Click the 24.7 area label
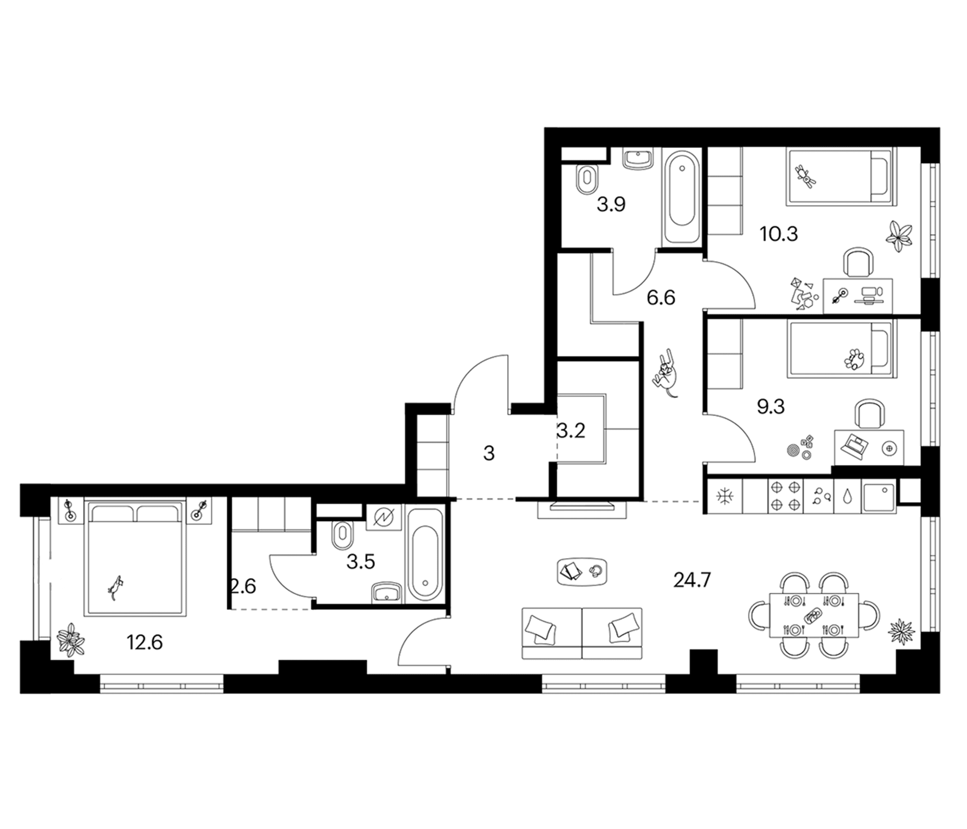[692, 580]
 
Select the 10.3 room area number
[779, 234]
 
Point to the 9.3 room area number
[770, 407]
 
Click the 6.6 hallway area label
[661, 298]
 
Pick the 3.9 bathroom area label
[611, 205]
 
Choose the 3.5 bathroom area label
[361, 562]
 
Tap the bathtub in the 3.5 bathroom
[425, 555]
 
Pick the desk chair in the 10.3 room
[858, 263]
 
